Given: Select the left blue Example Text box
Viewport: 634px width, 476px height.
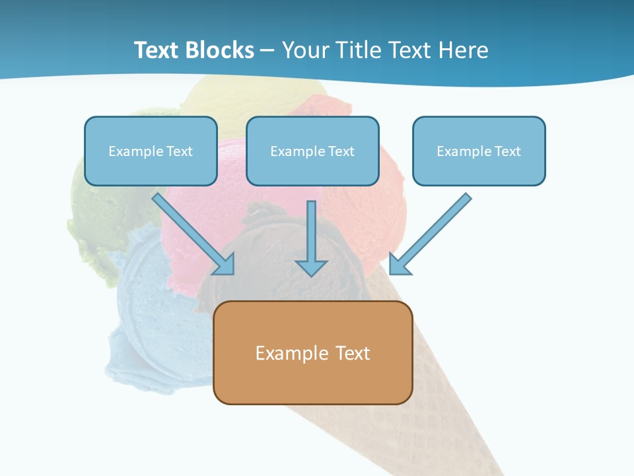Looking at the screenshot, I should pyautogui.click(x=151, y=151).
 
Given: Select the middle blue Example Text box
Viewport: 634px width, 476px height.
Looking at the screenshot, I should pyautogui.click(x=312, y=151).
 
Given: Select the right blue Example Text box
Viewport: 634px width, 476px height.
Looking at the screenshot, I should pyautogui.click(x=479, y=151).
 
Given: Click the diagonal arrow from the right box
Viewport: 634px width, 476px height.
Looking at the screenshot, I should pyautogui.click(x=436, y=229).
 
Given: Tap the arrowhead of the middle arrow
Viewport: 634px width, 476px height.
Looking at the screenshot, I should pyautogui.click(x=311, y=268).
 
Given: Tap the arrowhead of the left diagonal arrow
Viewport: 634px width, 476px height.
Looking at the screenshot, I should pyautogui.click(x=225, y=264).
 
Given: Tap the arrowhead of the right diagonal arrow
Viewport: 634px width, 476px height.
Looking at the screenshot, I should pyautogui.click(x=399, y=264).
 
